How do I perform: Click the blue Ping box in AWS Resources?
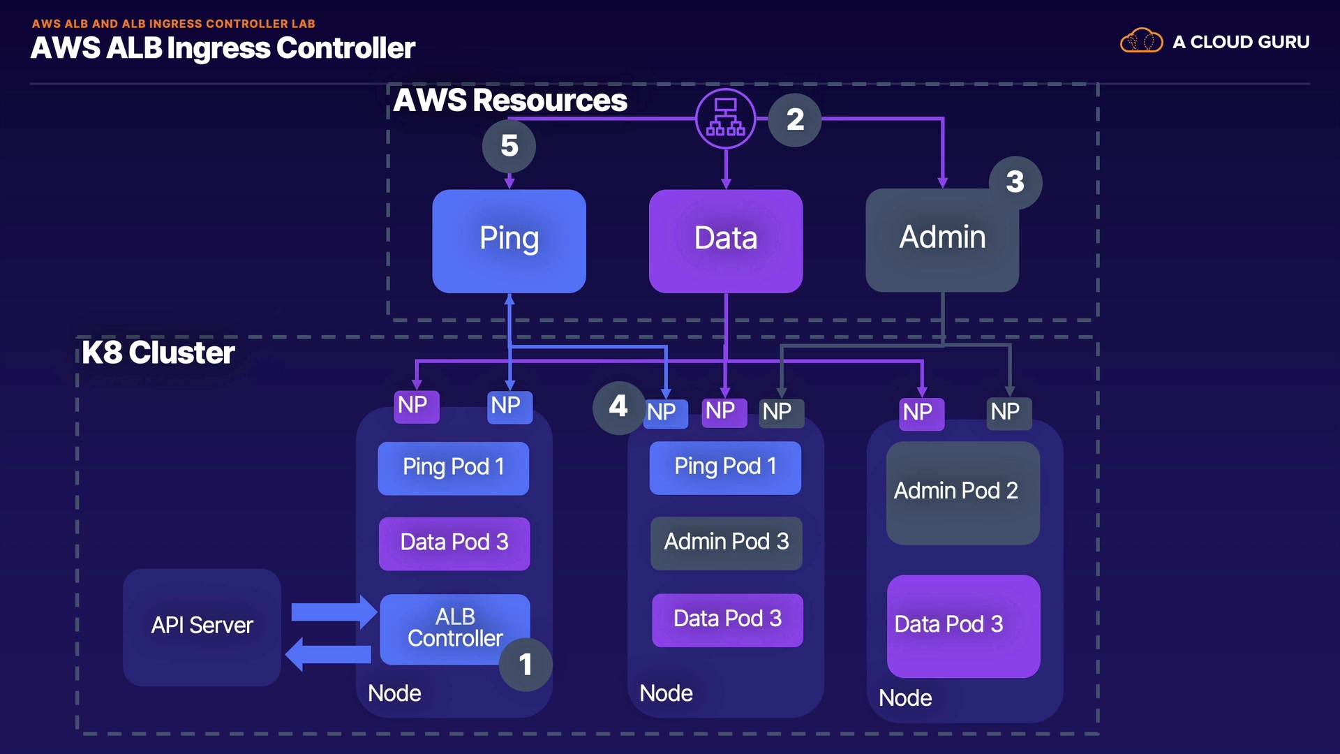pos(509,241)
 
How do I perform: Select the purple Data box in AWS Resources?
pos(725,241)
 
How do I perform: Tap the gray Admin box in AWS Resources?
pos(941,241)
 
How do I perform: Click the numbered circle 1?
pos(526,665)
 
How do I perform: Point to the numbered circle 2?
pos(795,119)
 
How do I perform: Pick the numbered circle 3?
pos(1015,182)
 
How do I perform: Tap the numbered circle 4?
pos(618,407)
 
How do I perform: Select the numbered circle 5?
pos(509,146)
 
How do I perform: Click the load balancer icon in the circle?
pos(726,118)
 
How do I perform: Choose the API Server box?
pos(202,626)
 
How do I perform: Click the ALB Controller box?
pos(454,628)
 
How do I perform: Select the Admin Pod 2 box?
pos(962,492)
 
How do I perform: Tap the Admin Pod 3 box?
pos(726,542)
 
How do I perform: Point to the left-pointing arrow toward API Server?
pos(329,655)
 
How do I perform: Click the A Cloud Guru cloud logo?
pos(1141,42)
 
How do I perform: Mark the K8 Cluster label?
pos(158,353)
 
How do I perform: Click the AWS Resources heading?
pos(510,101)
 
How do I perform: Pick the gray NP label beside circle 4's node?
pos(777,412)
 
